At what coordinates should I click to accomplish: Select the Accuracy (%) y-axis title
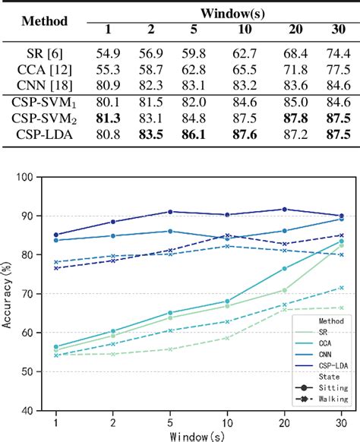[x=10, y=293]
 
